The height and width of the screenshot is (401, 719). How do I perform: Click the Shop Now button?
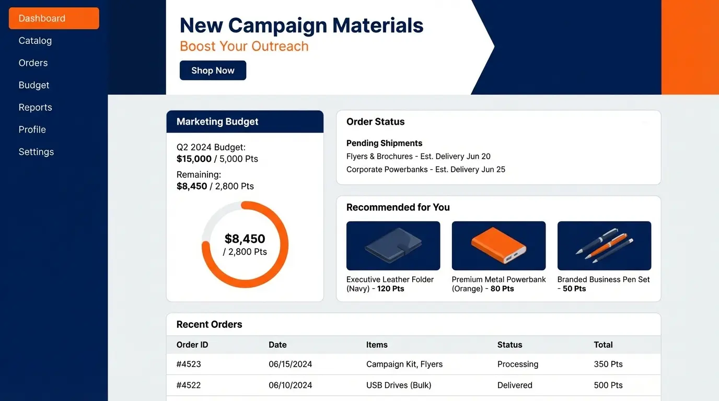pos(213,70)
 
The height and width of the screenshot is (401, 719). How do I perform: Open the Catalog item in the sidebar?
pos(35,41)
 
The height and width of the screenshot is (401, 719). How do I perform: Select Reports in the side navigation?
pos(36,107)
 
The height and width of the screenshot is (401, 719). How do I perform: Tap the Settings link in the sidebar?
pos(36,152)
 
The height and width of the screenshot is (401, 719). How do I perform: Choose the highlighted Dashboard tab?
pos(54,18)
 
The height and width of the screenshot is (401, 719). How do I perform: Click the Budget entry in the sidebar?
pos(33,85)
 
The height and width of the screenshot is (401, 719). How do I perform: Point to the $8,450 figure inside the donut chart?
pos(245,239)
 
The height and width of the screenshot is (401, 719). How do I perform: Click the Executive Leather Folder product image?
pos(393,246)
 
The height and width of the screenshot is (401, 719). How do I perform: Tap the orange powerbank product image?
pos(498,246)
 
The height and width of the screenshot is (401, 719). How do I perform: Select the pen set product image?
pos(604,246)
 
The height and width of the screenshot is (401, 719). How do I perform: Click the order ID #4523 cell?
pos(189,364)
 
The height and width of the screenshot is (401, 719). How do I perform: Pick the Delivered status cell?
pos(515,385)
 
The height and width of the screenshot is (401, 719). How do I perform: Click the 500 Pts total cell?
pos(608,385)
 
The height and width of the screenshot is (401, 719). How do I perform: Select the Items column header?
pos(377,345)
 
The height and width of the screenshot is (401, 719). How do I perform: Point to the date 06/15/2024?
pos(290,364)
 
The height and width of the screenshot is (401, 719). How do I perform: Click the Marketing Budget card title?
pos(217,122)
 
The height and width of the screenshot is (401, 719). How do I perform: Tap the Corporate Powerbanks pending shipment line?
pos(426,169)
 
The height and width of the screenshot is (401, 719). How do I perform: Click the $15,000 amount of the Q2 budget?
pos(194,159)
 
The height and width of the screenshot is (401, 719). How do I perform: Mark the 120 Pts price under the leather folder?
pos(390,288)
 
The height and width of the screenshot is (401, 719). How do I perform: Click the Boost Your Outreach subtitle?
pos(244,46)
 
